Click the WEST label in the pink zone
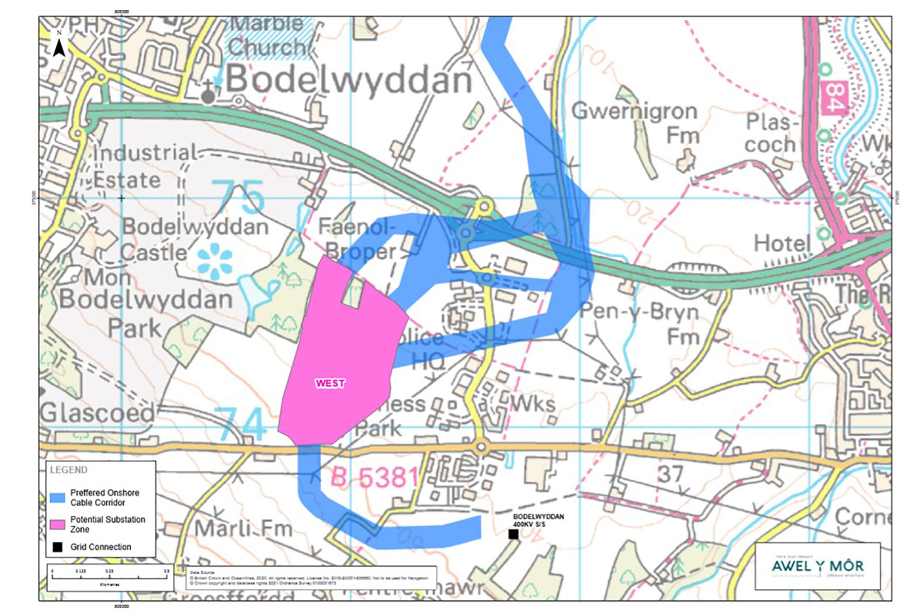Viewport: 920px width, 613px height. point(330,383)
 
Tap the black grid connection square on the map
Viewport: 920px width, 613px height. point(513,534)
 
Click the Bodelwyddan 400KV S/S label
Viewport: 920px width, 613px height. point(538,520)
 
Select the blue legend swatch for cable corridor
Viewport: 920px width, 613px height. point(57,497)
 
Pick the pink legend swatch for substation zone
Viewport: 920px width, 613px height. point(57,524)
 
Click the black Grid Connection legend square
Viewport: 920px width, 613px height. point(57,547)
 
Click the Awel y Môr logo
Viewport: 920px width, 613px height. point(817,566)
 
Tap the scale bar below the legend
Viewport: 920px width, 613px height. point(109,577)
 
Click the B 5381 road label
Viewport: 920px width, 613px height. point(374,477)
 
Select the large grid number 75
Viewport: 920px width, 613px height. point(237,197)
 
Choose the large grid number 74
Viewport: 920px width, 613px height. point(243,424)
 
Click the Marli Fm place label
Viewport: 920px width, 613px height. point(243,528)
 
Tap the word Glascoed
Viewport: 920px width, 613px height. point(97,413)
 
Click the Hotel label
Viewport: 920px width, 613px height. point(782,243)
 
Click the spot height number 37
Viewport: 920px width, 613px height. point(670,474)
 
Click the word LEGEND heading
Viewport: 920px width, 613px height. point(68,470)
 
